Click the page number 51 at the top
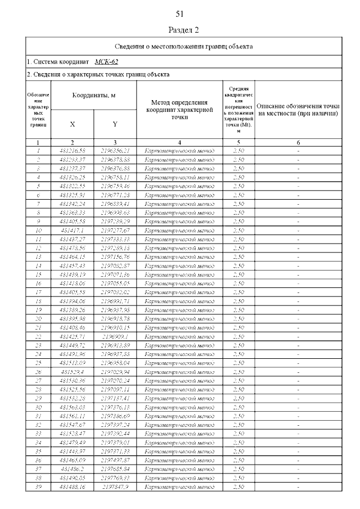pyautogui.click(x=180, y=13)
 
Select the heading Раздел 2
pyautogui.click(x=184, y=30)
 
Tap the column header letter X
pyautogui.click(x=72, y=124)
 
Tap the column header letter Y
pyautogui.click(x=115, y=124)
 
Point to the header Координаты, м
pyautogui.click(x=93, y=96)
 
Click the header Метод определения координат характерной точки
pyautogui.click(x=179, y=110)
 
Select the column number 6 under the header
pyautogui.click(x=298, y=142)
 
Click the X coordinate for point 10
pyautogui.click(x=72, y=230)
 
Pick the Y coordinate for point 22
pyautogui.click(x=115, y=336)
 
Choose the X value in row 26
pyautogui.click(x=72, y=372)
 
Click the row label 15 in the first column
pyautogui.click(x=38, y=274)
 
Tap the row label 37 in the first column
pyautogui.click(x=38, y=469)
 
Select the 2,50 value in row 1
pyautogui.click(x=238, y=151)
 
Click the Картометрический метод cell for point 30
pyautogui.click(x=179, y=407)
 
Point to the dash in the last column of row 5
pyautogui.click(x=298, y=186)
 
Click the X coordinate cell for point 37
pyautogui.click(x=72, y=469)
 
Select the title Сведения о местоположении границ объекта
pyautogui.click(x=184, y=47)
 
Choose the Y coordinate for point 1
pyautogui.click(x=115, y=151)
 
